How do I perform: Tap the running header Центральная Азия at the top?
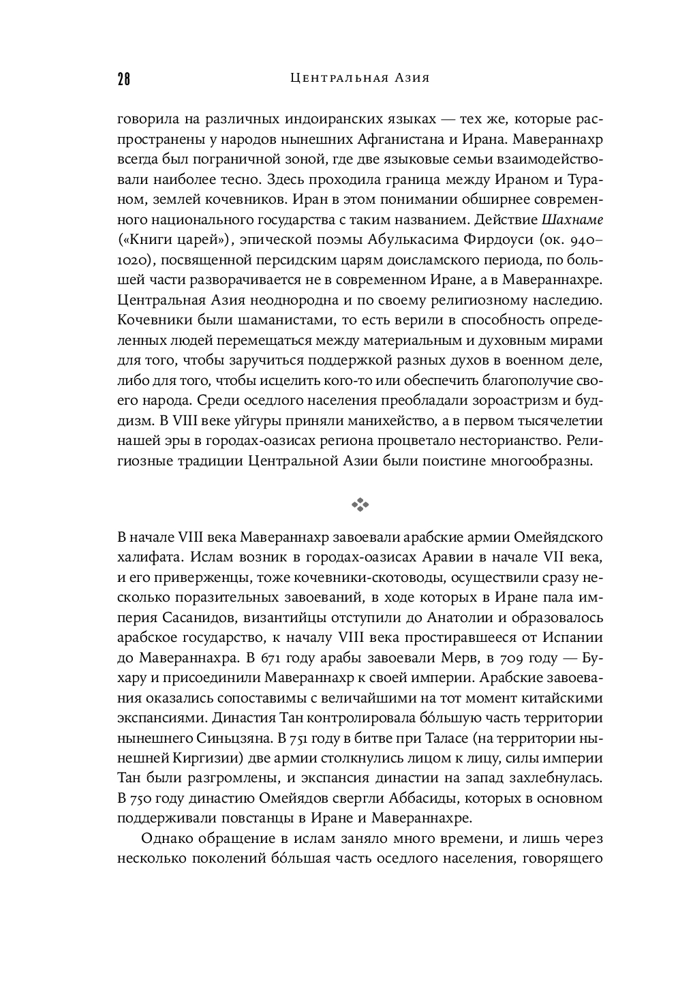360,78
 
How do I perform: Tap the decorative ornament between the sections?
360,505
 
